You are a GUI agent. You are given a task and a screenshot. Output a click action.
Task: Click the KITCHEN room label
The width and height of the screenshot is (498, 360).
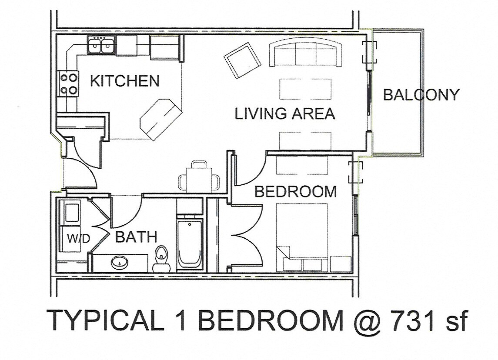pyautogui.click(x=124, y=81)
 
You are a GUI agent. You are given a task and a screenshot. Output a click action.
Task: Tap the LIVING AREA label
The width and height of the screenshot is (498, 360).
pyautogui.click(x=285, y=113)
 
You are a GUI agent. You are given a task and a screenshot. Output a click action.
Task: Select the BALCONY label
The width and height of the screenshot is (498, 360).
pyautogui.click(x=421, y=94)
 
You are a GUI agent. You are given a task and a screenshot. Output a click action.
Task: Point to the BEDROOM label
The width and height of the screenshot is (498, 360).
pyautogui.click(x=295, y=191)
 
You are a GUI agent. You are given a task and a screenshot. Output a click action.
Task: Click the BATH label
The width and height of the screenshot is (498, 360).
pyautogui.click(x=136, y=237)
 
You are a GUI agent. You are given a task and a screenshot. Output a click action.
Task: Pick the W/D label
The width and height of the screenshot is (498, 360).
pyautogui.click(x=78, y=238)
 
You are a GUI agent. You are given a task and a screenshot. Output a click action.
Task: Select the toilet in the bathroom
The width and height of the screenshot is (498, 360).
pyautogui.click(x=161, y=256)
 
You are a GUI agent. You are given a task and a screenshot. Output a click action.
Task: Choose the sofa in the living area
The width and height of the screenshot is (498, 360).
pyautogui.click(x=305, y=54)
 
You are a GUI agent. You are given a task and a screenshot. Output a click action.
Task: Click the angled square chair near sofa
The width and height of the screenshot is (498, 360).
pyautogui.click(x=243, y=60)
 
